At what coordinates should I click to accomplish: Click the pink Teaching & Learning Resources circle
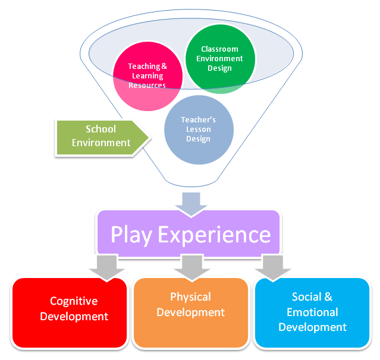tap(148, 76)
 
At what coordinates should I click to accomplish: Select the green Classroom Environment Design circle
tap(220, 59)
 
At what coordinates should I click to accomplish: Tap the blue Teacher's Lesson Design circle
tap(199, 130)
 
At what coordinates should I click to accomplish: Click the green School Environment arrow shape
tap(102, 137)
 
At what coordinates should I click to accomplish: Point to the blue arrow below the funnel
tap(191, 204)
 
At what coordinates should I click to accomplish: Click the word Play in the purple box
tap(131, 235)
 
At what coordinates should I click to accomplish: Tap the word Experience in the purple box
tap(214, 235)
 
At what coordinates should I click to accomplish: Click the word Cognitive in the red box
tap(74, 302)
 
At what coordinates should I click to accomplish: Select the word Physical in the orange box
tap(190, 298)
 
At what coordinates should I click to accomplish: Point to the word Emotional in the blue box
tap(312, 312)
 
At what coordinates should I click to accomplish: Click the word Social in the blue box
tap(307, 297)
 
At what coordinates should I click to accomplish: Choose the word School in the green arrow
tap(101, 129)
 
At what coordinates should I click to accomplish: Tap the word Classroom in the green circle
tap(219, 49)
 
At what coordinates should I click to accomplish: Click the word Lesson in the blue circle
tap(199, 130)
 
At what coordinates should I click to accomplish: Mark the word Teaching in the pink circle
tap(144, 67)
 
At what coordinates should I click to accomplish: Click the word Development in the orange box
tap(190, 312)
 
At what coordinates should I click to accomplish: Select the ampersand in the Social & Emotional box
tap(328, 297)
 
